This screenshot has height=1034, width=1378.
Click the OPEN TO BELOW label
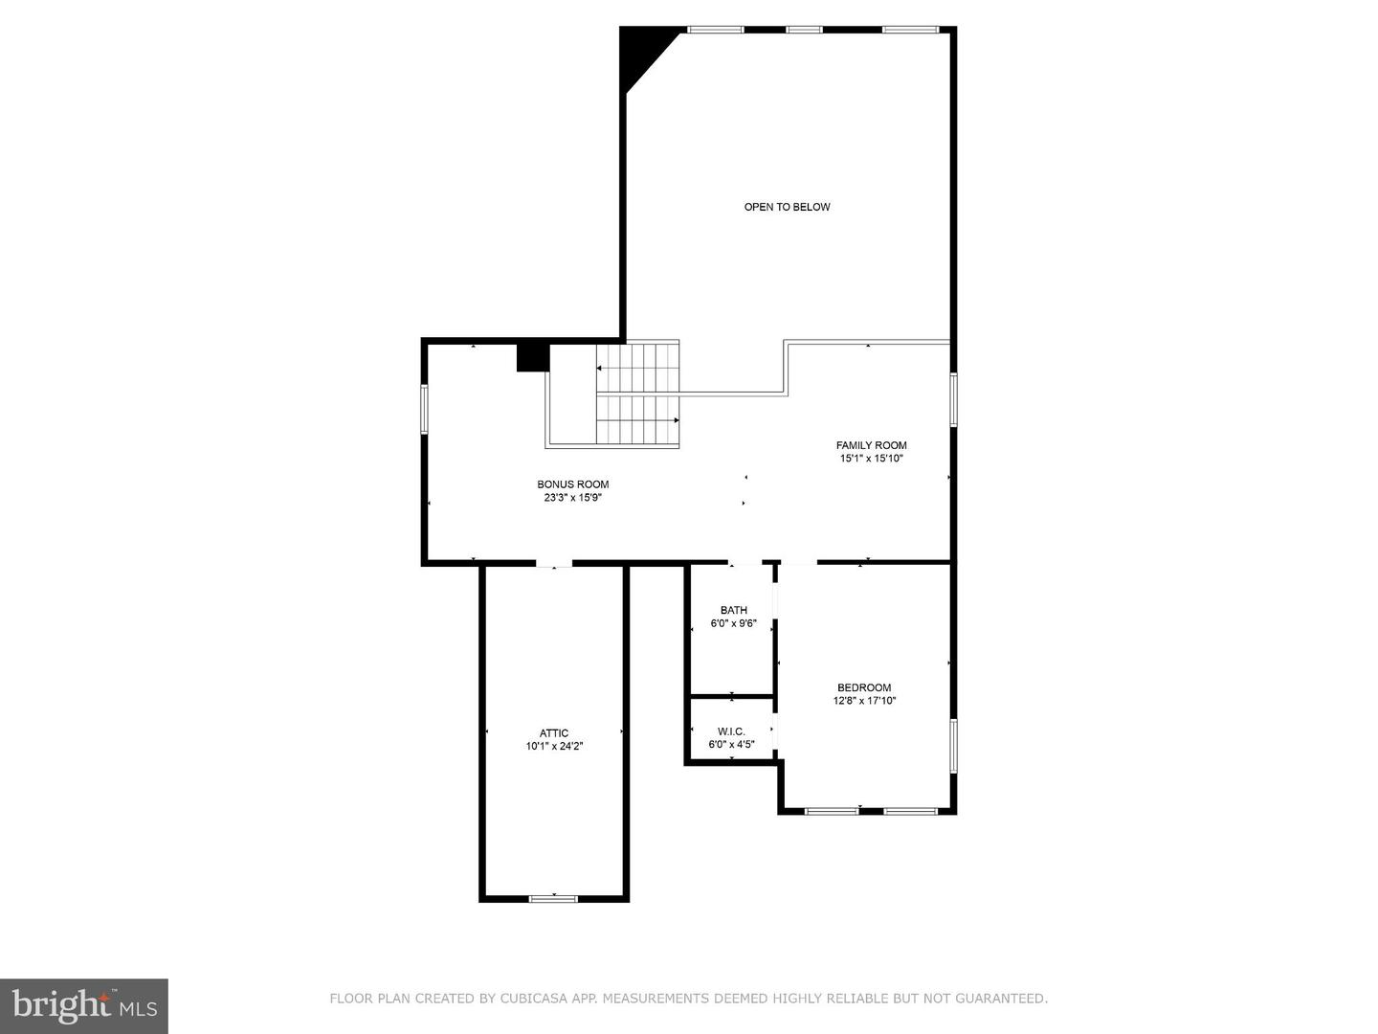click(787, 207)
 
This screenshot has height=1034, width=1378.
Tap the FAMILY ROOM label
click(872, 445)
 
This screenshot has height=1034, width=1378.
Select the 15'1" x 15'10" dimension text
click(872, 459)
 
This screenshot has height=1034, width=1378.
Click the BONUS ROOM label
click(572, 484)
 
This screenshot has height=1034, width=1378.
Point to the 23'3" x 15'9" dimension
click(572, 498)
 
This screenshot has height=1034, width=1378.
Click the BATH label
click(733, 610)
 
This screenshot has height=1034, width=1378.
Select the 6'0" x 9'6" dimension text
click(733, 623)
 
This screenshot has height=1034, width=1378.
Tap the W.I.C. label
click(731, 731)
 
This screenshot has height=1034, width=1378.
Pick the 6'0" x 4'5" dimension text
click(731, 745)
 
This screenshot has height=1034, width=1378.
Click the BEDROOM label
click(864, 687)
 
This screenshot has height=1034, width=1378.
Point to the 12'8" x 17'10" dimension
click(864, 701)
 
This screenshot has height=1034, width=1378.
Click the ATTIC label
click(554, 732)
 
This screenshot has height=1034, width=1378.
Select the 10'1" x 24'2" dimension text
click(554, 747)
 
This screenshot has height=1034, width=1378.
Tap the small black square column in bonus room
click(533, 358)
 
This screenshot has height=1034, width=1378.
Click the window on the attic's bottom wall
click(553, 899)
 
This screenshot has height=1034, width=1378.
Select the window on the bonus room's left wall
click(424, 410)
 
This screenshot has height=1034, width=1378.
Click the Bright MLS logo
click(84, 1006)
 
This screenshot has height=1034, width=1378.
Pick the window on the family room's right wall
click(954, 400)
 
